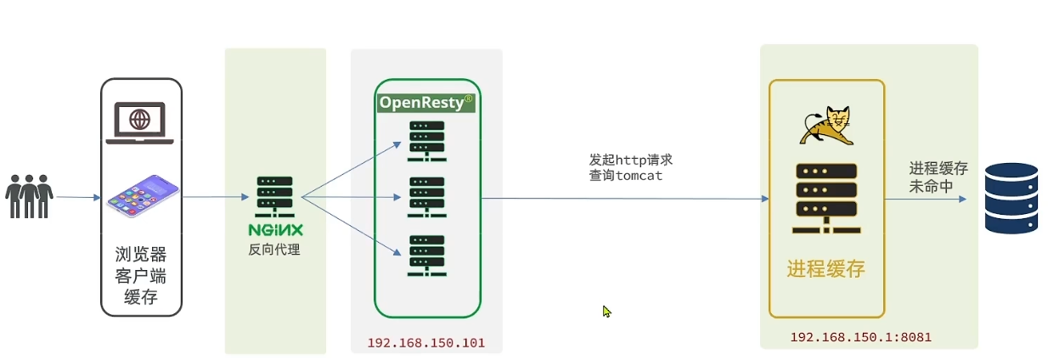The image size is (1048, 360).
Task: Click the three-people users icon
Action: (x=29, y=197)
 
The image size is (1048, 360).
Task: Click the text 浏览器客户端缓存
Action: (x=140, y=275)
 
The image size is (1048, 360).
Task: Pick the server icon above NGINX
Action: (x=274, y=197)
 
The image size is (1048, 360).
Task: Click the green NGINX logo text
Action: (x=275, y=230)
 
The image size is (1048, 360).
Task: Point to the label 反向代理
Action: (x=274, y=250)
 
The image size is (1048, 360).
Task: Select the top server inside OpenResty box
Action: (x=427, y=139)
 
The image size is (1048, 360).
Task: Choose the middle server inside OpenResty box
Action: (x=427, y=197)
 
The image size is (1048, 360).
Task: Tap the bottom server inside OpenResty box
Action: (x=427, y=255)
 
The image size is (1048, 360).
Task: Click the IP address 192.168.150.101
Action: (x=425, y=343)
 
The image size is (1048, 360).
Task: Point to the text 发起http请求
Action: (x=630, y=160)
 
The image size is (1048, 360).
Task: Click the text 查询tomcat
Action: (x=625, y=176)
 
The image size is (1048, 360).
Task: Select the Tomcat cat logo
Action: (x=825, y=127)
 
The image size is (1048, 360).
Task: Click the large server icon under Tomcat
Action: (x=825, y=197)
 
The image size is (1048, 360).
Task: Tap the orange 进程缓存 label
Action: (x=825, y=269)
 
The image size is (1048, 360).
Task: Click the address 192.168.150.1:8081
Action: (x=860, y=337)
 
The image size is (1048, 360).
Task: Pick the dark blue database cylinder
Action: (x=1011, y=197)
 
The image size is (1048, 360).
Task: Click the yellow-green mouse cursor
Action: (x=606, y=312)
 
